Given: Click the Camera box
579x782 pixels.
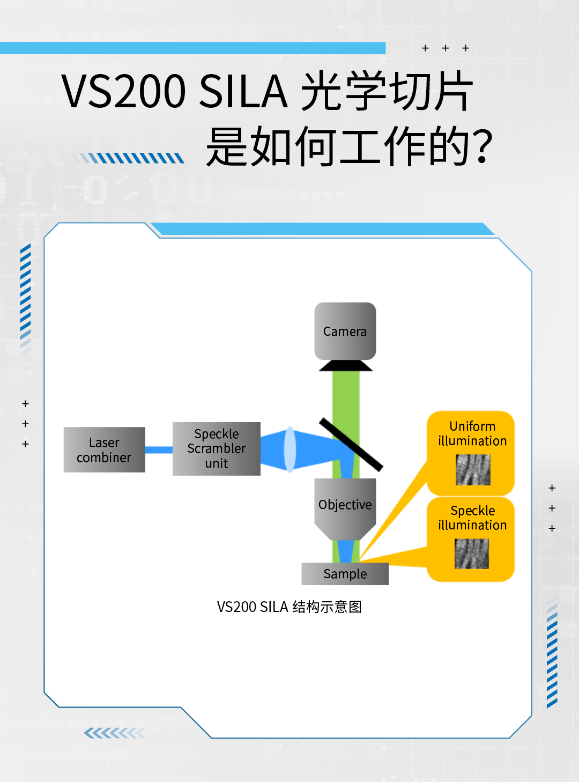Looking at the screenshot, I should tap(345, 331).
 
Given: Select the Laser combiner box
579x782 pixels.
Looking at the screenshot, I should tap(104, 449).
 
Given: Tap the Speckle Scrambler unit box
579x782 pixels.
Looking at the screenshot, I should tap(216, 448).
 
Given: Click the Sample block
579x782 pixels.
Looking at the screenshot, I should tap(345, 574).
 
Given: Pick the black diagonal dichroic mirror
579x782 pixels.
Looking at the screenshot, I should tap(351, 445).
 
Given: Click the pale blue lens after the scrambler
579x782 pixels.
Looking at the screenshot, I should tap(290, 449).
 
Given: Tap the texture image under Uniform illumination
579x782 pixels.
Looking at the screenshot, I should tap(473, 470).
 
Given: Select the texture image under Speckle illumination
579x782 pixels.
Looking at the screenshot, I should tap(472, 554).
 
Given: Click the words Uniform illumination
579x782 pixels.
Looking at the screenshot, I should tap(472, 433).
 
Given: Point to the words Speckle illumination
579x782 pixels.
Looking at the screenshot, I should tap(472, 518).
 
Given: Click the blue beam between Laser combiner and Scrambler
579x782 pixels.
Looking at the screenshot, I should tap(159, 450).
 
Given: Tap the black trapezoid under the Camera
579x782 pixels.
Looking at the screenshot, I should tap(346, 366).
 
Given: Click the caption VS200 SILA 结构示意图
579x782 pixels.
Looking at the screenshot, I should tap(289, 607).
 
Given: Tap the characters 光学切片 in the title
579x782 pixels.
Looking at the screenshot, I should tap(387, 91).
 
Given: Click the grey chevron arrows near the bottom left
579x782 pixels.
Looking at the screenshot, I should tap(115, 733).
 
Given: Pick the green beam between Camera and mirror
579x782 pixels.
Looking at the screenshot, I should tap(346, 397).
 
